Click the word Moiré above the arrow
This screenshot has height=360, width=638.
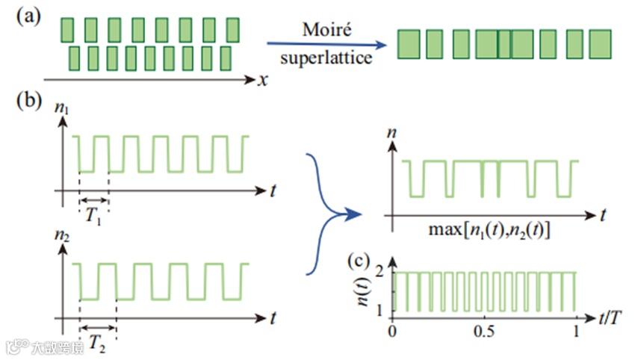click(327, 31)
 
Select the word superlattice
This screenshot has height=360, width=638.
click(327, 57)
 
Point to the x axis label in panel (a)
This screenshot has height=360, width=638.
click(263, 78)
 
